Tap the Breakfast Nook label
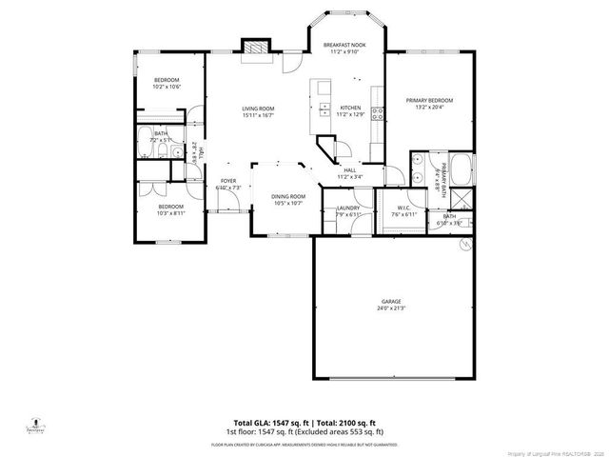click(344, 46)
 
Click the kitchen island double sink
click(324, 109)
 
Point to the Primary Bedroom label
click(428, 100)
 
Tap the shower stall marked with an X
click(465, 198)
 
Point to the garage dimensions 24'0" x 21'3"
click(392, 308)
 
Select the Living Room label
click(258, 109)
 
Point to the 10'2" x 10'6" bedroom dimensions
click(167, 87)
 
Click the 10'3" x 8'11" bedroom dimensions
click(171, 214)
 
